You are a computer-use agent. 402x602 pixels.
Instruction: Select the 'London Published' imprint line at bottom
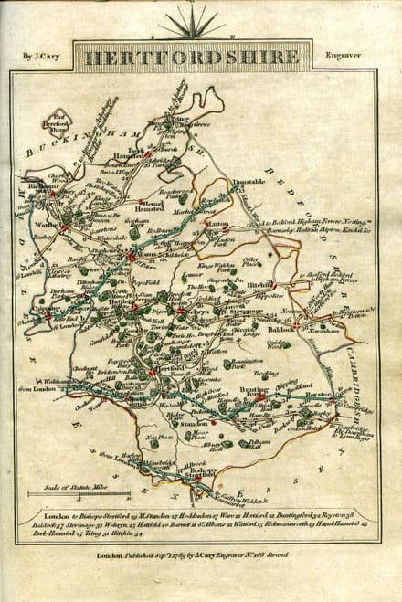(x=201, y=553)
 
